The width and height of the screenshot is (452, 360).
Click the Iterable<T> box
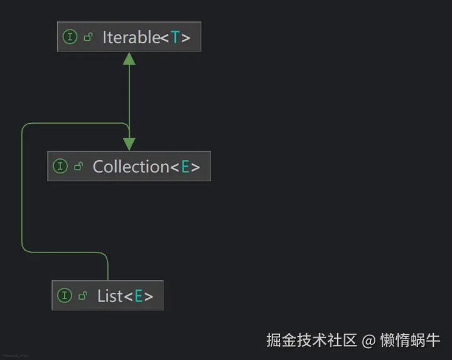pyautogui.click(x=129, y=37)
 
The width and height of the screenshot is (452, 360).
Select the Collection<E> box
pyautogui.click(x=129, y=166)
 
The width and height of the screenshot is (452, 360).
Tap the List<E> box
pyautogui.click(x=107, y=295)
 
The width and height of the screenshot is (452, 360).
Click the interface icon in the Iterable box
pyautogui.click(x=70, y=37)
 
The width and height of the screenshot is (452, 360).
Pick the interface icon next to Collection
pyautogui.click(x=60, y=166)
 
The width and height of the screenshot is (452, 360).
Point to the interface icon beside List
pyautogui.click(x=64, y=295)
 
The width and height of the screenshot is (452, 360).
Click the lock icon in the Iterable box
pyautogui.click(x=88, y=37)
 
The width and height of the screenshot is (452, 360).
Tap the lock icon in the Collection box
pyautogui.click(x=78, y=166)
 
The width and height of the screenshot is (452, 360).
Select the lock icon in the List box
pyautogui.click(x=82, y=295)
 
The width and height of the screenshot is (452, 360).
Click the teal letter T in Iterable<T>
pyautogui.click(x=175, y=37)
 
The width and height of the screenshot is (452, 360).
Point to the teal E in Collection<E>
pyautogui.click(x=185, y=166)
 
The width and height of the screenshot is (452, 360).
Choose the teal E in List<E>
pyautogui.click(x=138, y=295)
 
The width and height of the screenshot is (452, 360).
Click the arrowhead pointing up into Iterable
pyautogui.click(x=129, y=58)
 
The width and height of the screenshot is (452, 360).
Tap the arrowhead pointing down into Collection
pyautogui.click(x=129, y=144)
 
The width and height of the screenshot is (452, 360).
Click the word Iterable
pyautogui.click(x=131, y=37)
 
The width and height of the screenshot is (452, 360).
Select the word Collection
pyautogui.click(x=131, y=166)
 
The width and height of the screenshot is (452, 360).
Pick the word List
pyautogui.click(x=110, y=295)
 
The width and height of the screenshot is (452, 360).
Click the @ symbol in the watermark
pyautogui.click(x=369, y=341)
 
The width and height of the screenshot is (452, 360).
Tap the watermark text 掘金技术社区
pyautogui.click(x=312, y=341)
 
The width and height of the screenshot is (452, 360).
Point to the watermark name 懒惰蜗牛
pyautogui.click(x=410, y=341)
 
